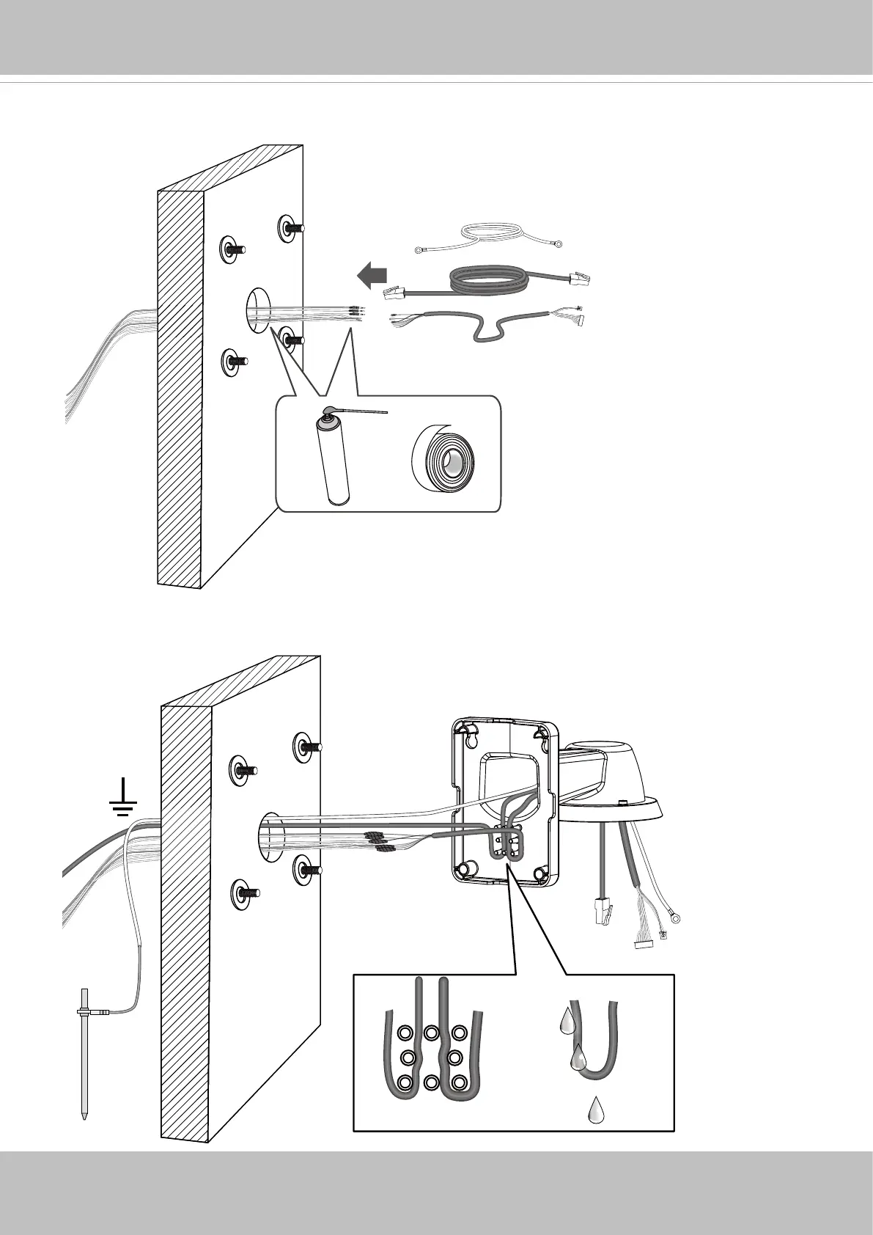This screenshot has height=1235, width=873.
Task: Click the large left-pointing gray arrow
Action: pyautogui.click(x=372, y=276)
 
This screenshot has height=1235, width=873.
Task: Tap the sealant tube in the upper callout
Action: pyautogui.click(x=334, y=463)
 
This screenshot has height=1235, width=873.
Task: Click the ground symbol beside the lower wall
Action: pyautogui.click(x=124, y=805)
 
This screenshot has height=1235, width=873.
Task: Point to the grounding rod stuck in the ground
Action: pyautogui.click(x=84, y=1063)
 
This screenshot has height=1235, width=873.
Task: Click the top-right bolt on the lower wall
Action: pyautogui.click(x=306, y=747)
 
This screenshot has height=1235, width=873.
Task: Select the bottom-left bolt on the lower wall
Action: pyautogui.click(x=246, y=893)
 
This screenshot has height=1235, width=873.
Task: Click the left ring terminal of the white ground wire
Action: pyautogui.click(x=421, y=250)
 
